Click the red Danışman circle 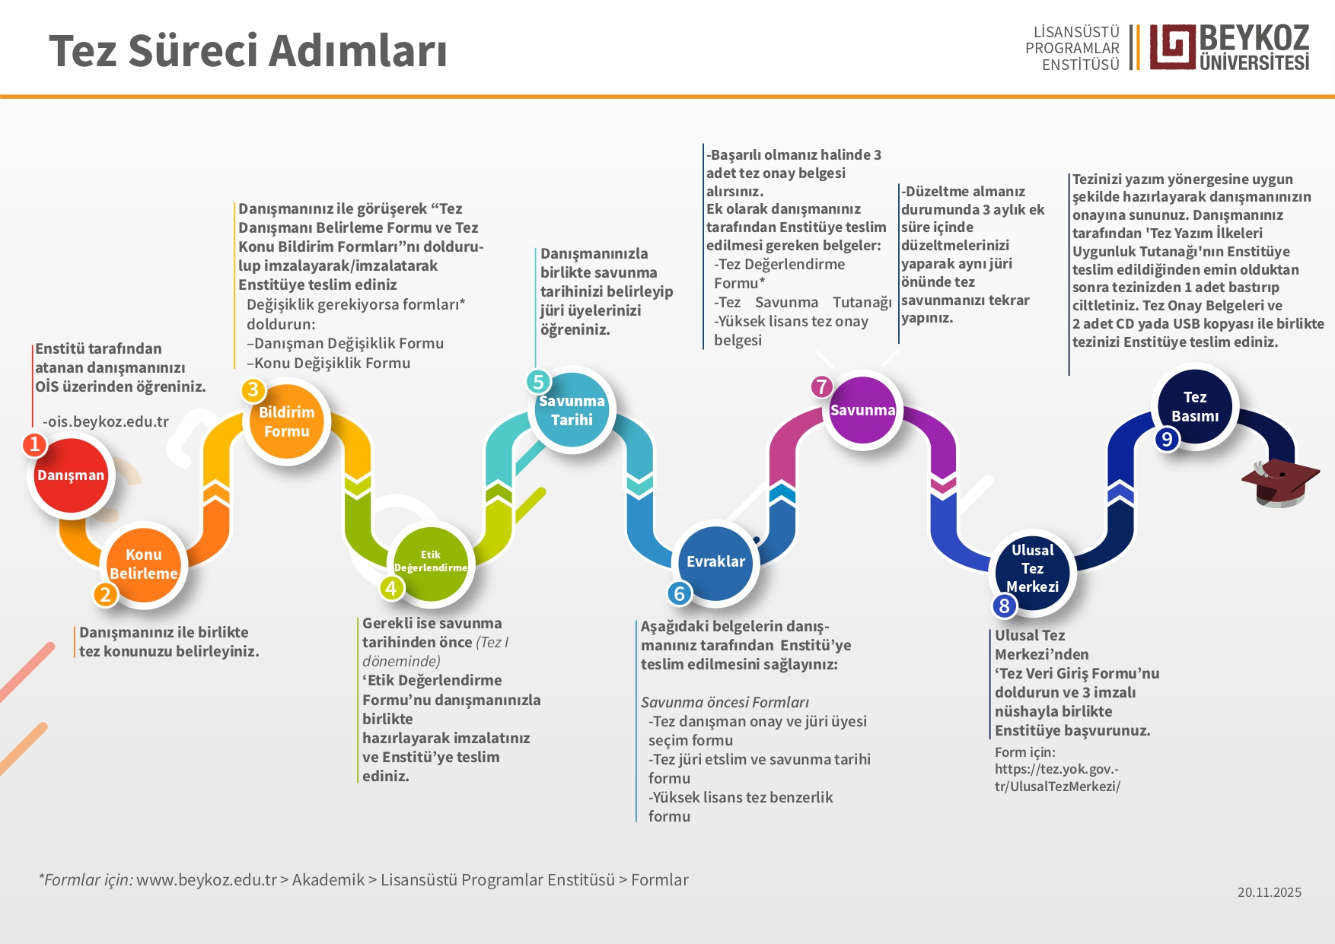71,475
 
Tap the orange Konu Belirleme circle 144,564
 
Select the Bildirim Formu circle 287,421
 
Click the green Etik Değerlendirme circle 431,562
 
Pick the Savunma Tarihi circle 572,410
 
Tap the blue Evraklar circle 715,562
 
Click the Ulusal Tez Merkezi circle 1032,568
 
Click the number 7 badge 821,386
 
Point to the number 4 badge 391,588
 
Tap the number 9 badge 1167,439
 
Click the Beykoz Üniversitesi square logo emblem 1172,47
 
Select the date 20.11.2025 1269,892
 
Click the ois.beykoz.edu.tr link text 106,421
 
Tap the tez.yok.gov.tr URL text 1057,777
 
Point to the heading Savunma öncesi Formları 725,702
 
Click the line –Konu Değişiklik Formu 328,363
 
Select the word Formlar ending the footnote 659,880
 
